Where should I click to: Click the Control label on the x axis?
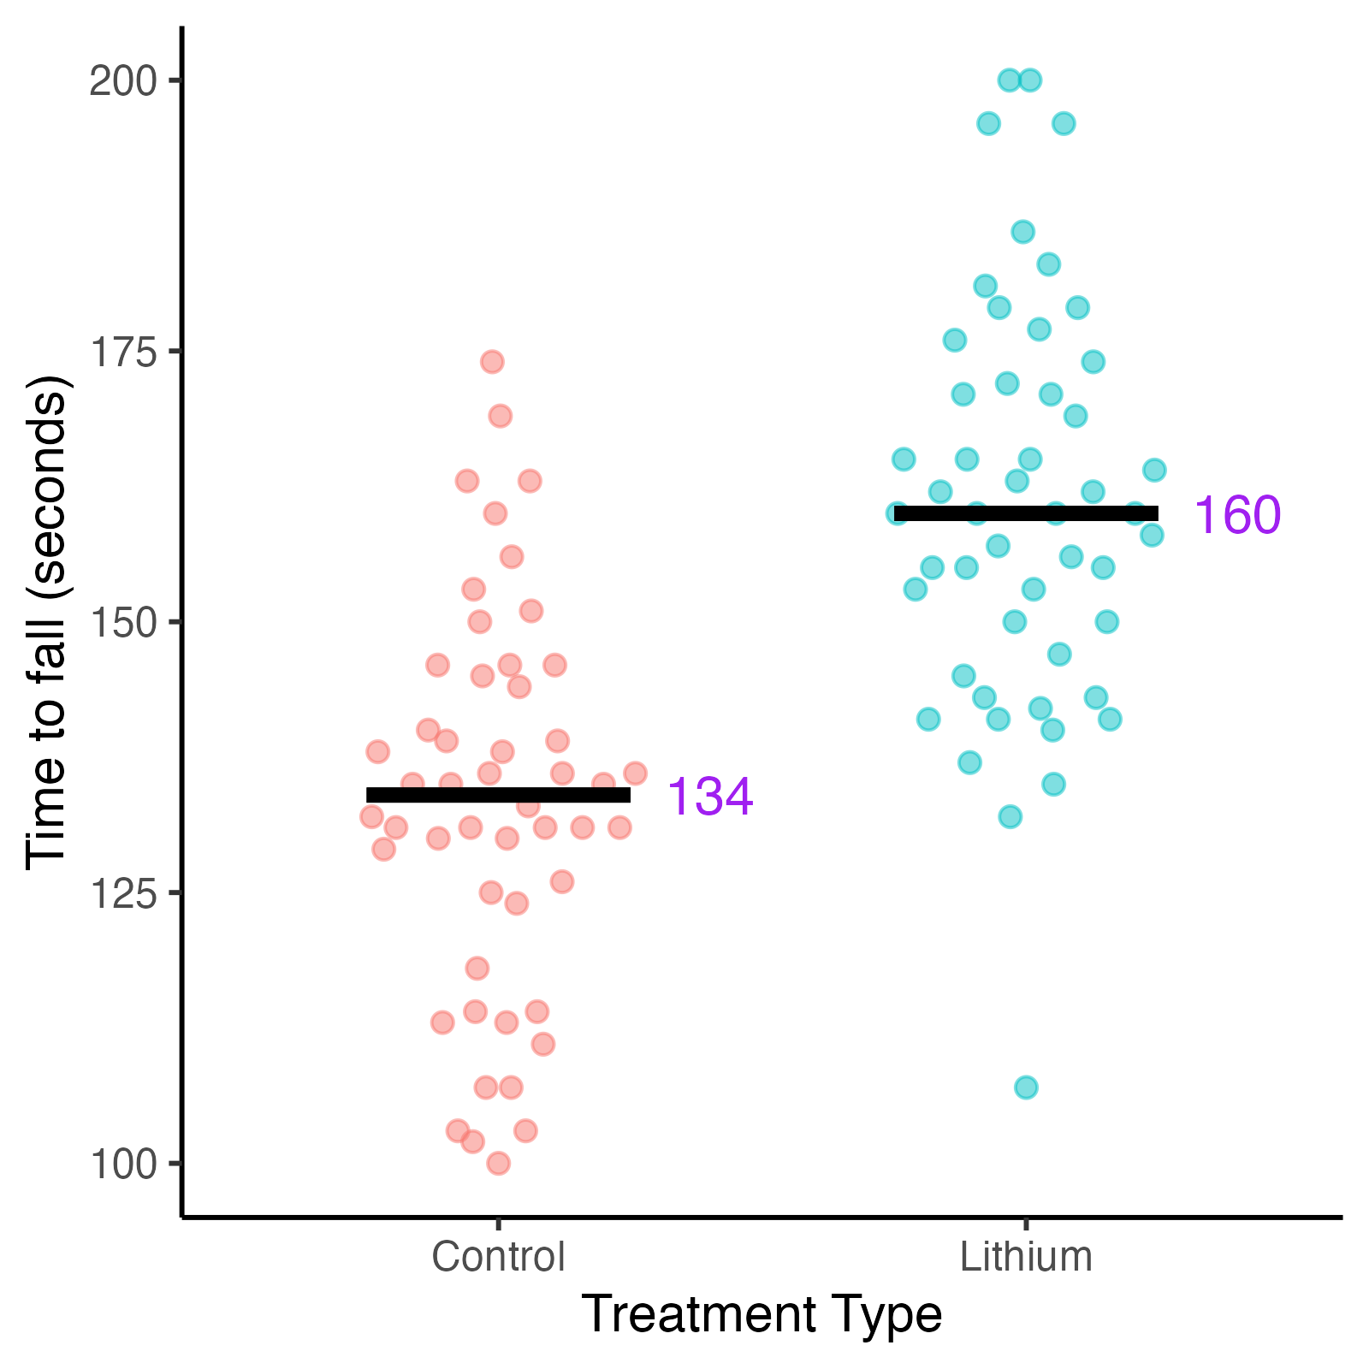(498, 1257)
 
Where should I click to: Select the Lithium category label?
(1026, 1257)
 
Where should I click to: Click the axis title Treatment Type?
(762, 1314)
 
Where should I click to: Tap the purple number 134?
(709, 797)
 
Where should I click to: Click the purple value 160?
(1237, 515)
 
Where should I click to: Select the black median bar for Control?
(498, 795)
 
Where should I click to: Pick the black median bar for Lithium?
(1026, 513)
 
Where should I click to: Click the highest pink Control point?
(492, 361)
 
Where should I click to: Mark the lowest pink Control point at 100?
(499, 1163)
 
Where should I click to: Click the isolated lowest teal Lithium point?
(1026, 1087)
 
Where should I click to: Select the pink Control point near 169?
(500, 416)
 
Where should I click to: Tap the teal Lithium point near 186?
(1022, 232)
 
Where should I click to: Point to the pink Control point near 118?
(477, 968)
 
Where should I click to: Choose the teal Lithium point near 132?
(1010, 816)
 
